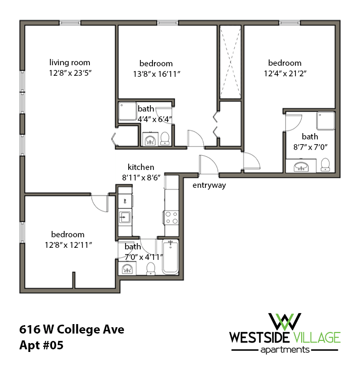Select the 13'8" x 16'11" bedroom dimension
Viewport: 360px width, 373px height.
tap(157, 74)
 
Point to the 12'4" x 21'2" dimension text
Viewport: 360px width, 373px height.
tap(284, 74)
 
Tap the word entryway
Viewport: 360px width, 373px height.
tap(209, 185)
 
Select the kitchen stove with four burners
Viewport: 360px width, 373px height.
tap(172, 217)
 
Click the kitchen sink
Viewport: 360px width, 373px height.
tap(125, 217)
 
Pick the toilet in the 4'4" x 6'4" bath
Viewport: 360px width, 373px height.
tap(165, 138)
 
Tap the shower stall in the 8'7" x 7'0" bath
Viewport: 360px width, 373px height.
tap(325, 121)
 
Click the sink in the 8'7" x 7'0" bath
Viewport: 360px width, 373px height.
tap(301, 167)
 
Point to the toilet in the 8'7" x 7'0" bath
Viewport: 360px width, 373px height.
tap(325, 164)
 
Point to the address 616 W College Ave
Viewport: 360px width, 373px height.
tap(72, 330)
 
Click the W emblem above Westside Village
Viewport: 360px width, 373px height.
tap(284, 320)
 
